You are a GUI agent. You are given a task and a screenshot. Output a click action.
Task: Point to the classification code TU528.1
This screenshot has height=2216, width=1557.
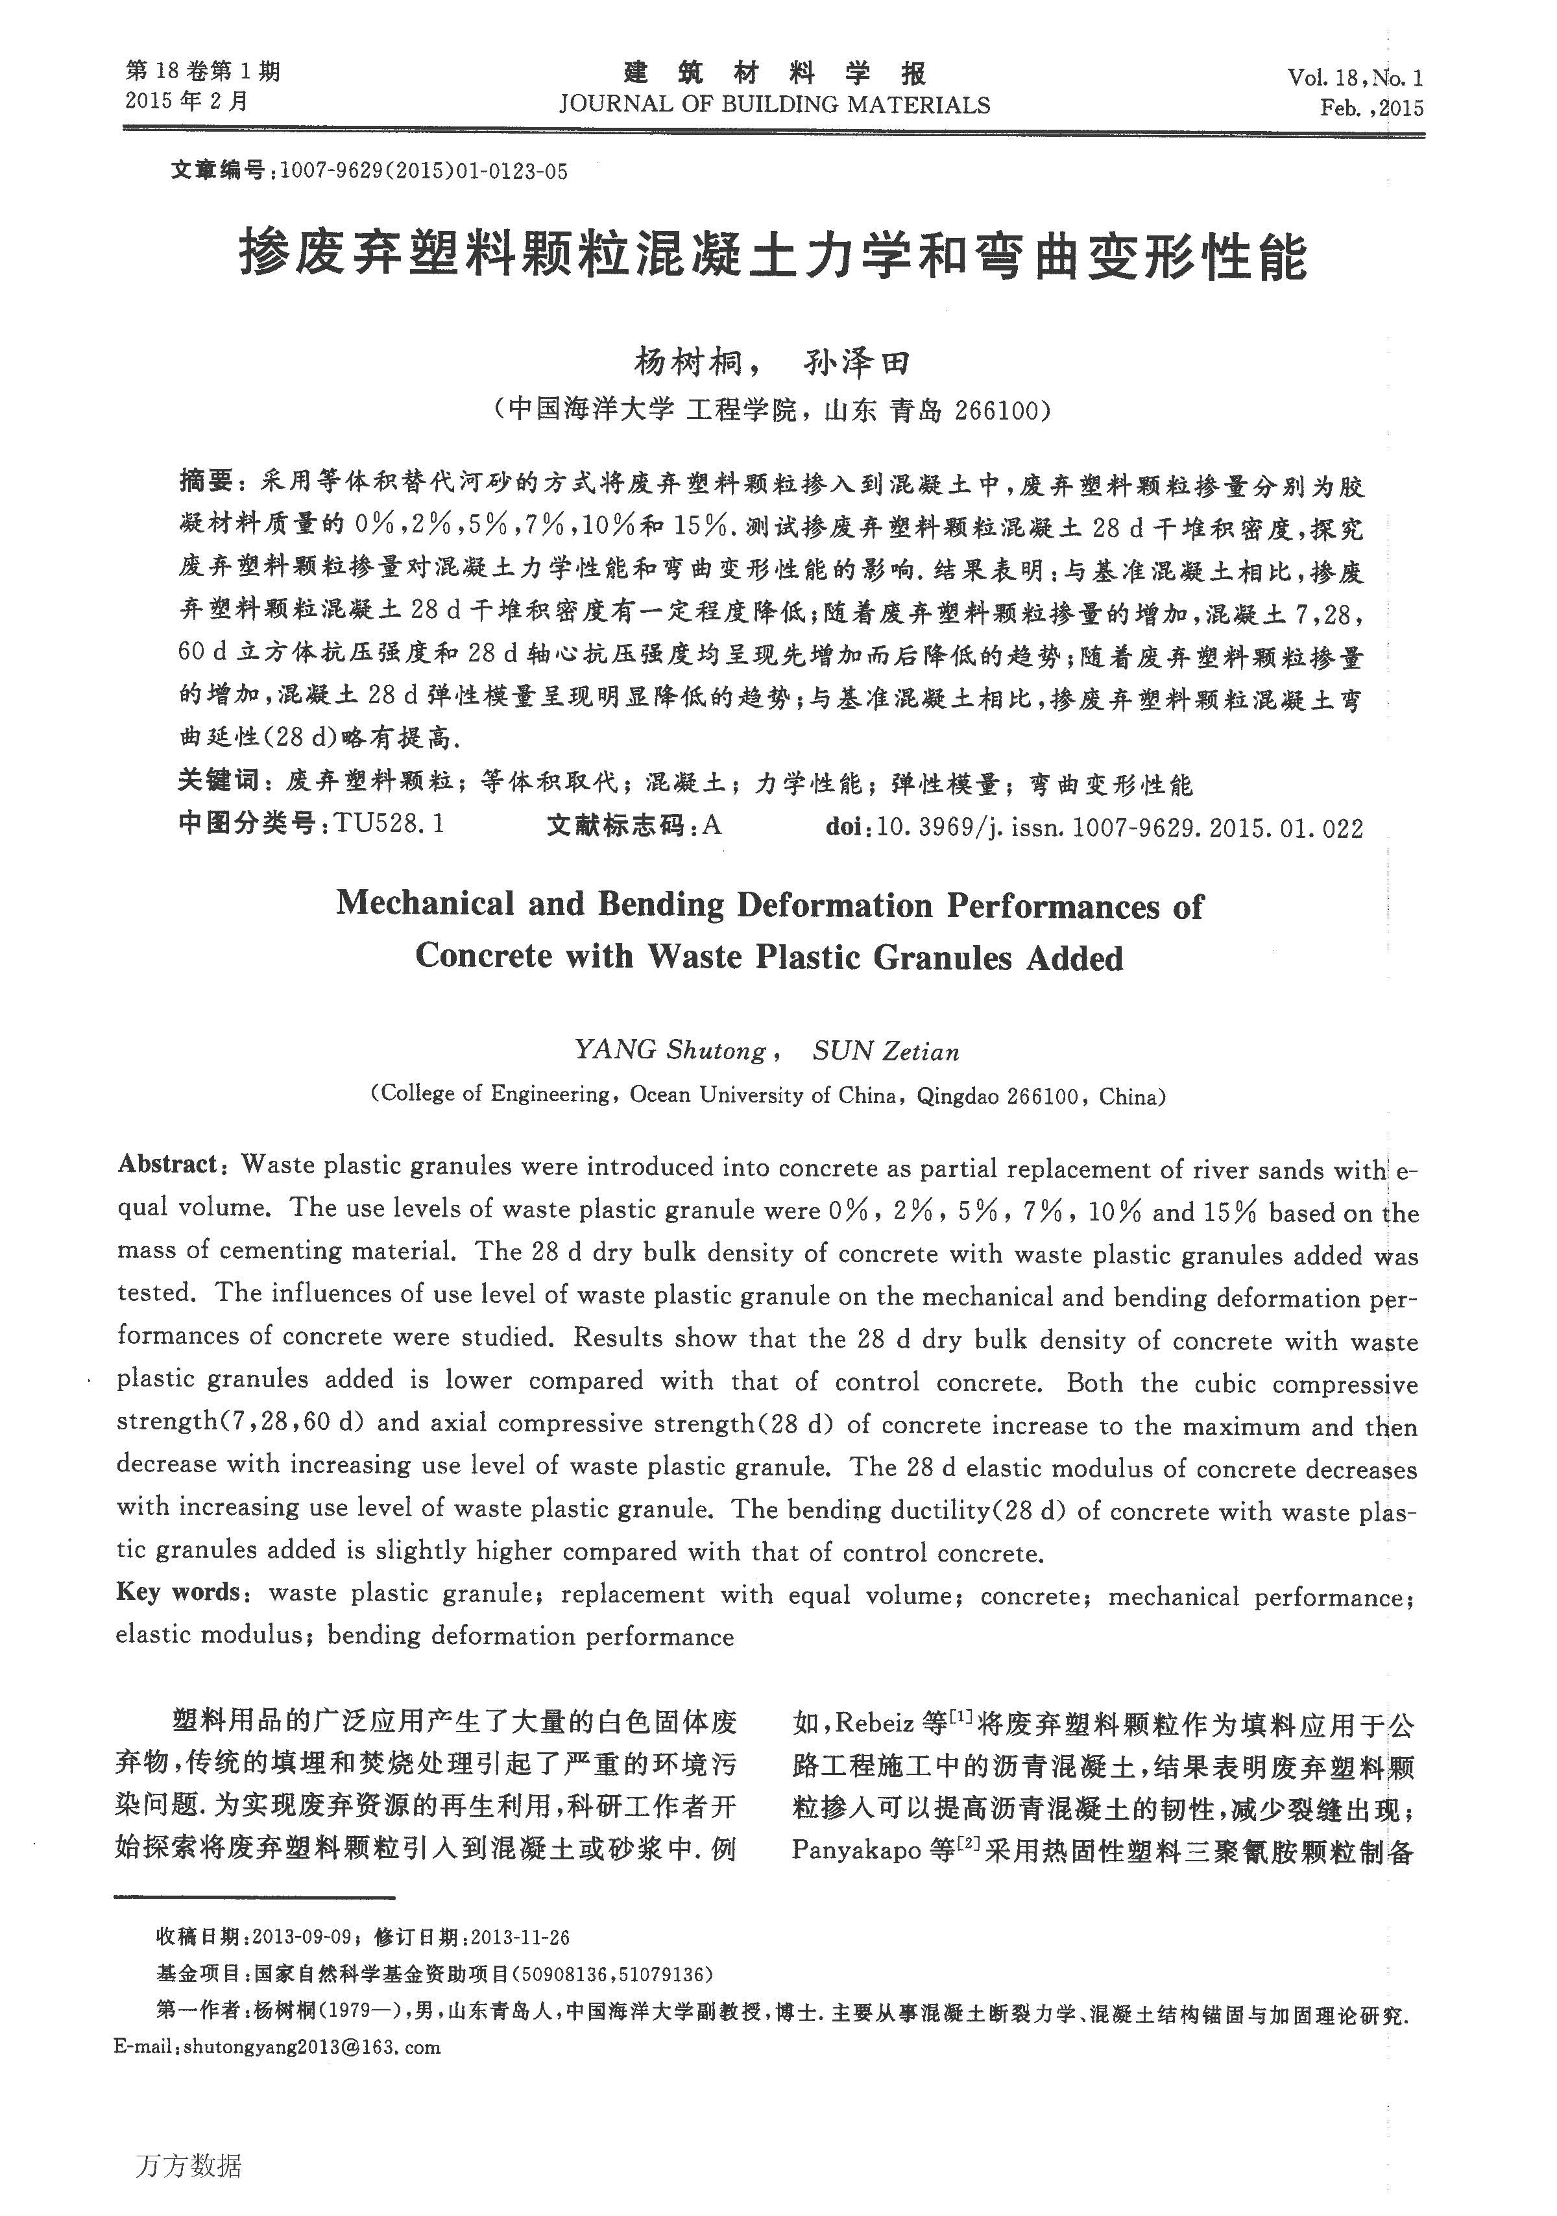(x=390, y=825)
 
